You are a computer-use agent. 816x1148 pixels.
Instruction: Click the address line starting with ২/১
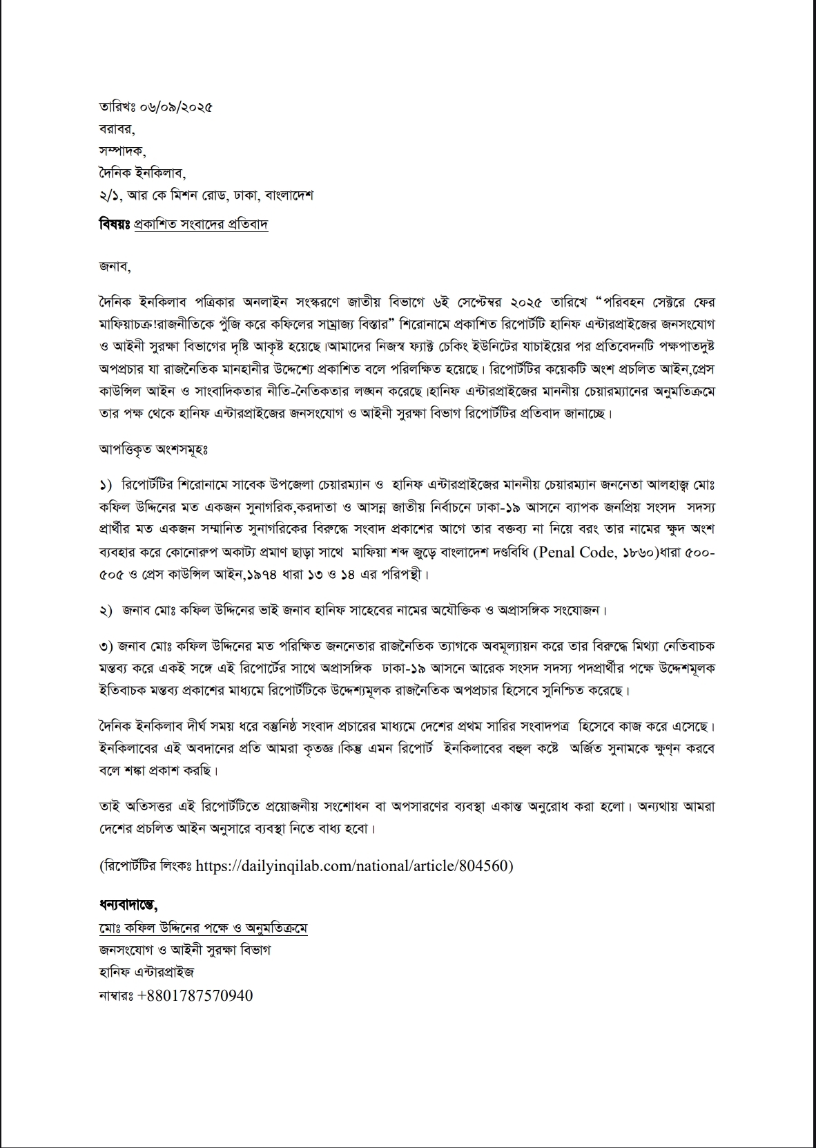(x=206, y=195)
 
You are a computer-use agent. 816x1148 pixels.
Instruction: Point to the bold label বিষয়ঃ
(x=115, y=224)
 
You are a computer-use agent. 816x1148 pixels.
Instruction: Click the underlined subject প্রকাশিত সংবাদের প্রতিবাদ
(x=201, y=224)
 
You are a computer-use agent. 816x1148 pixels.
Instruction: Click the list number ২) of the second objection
(x=106, y=611)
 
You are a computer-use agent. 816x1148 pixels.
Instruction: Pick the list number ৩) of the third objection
(x=106, y=647)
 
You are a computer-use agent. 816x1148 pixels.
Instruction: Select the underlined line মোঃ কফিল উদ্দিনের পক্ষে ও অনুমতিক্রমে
(x=203, y=927)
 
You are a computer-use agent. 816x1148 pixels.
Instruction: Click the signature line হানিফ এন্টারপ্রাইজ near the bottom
(x=146, y=972)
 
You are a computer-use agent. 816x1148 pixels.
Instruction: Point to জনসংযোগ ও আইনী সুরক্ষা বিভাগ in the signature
(x=184, y=950)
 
